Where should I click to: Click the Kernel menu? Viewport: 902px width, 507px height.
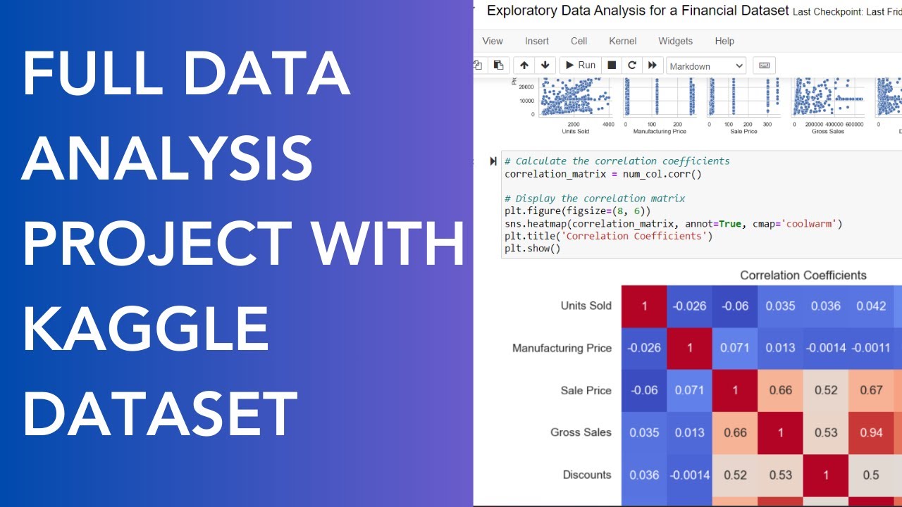point(622,41)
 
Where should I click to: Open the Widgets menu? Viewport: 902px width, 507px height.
point(675,41)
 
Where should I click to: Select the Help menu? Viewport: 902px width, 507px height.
point(724,41)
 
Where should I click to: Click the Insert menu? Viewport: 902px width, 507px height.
point(537,41)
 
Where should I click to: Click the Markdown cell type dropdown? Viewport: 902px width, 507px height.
point(706,65)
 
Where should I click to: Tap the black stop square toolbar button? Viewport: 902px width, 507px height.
point(612,65)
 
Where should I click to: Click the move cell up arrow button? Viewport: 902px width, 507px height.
point(524,65)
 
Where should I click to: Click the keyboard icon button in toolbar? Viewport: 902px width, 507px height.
point(764,65)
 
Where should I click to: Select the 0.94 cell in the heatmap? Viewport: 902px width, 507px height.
point(871,432)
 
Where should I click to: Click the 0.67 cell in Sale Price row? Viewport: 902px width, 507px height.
point(871,390)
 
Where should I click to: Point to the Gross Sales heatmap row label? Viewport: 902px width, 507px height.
point(581,432)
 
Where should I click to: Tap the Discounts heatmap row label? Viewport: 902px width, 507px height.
point(587,475)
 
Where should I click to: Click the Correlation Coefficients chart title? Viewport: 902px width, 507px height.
point(803,275)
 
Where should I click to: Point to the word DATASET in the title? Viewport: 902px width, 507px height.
point(160,415)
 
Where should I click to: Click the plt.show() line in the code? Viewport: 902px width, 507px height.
point(532,249)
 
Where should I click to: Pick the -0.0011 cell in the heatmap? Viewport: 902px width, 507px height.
point(871,348)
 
